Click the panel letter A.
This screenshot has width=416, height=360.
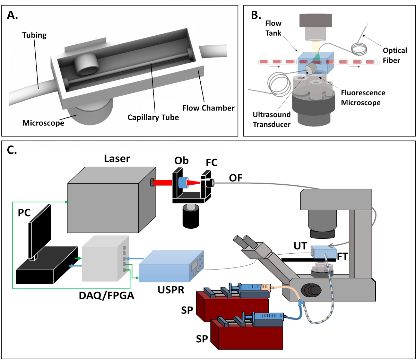click(12, 15)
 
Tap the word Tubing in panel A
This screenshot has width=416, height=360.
click(34, 35)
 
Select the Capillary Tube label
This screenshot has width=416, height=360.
click(153, 117)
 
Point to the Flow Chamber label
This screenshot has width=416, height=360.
click(208, 108)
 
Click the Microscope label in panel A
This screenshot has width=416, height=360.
click(43, 123)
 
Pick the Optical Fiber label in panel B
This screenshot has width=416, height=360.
click(395, 55)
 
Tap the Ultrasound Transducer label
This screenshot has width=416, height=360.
click(271, 120)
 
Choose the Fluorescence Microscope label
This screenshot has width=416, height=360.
click(363, 98)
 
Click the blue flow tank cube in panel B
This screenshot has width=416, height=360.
click(315, 62)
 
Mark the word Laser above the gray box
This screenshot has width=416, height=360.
click(117, 159)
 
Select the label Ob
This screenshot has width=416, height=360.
click(181, 161)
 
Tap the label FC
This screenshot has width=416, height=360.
click(211, 163)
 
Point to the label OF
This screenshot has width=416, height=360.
click(236, 178)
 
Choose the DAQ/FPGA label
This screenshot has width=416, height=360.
click(106, 296)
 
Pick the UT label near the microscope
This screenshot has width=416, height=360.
click(300, 246)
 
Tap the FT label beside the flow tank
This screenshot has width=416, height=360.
click(343, 257)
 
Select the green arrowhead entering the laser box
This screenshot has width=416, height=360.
click(66, 202)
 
